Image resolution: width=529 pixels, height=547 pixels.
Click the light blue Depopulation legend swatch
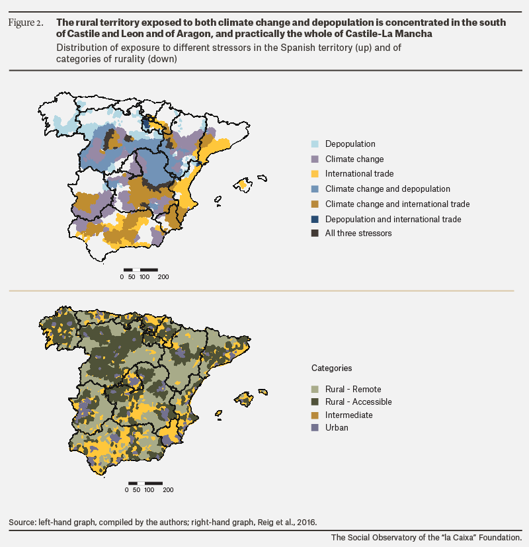[x=315, y=144]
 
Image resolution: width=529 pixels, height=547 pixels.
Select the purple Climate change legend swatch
[x=315, y=159]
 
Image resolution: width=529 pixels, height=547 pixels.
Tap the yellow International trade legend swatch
[x=315, y=174]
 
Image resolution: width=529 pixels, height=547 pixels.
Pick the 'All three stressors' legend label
[x=358, y=233]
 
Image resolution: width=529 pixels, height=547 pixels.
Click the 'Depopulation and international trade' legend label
[x=393, y=219]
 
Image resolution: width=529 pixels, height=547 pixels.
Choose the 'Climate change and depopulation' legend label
[x=387, y=189]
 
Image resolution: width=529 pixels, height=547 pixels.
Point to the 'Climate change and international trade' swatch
[x=315, y=204]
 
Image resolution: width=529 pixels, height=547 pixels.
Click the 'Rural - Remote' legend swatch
[x=315, y=390]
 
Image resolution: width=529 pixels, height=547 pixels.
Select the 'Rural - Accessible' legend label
[x=358, y=402]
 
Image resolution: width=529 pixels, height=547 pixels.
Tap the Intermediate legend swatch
[x=315, y=415]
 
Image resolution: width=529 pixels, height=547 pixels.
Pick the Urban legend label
[x=337, y=428]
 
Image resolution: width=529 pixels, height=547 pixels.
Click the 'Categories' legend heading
[x=332, y=368]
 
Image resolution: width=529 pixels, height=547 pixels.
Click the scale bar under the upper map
[x=141, y=270]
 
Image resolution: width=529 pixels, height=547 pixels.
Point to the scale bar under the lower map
[x=145, y=483]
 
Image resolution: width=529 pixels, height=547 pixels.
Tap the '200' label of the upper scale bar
[x=163, y=277]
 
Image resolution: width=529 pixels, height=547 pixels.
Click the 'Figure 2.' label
[x=26, y=22]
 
